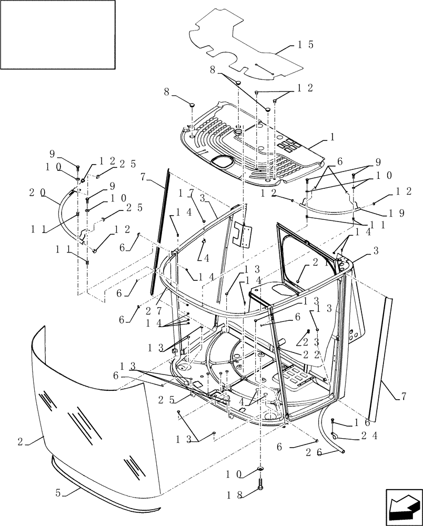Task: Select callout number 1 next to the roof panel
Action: pyautogui.click(x=333, y=136)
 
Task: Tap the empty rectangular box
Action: pyautogui.click(x=58, y=35)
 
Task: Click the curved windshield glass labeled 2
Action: pyautogui.click(x=89, y=421)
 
